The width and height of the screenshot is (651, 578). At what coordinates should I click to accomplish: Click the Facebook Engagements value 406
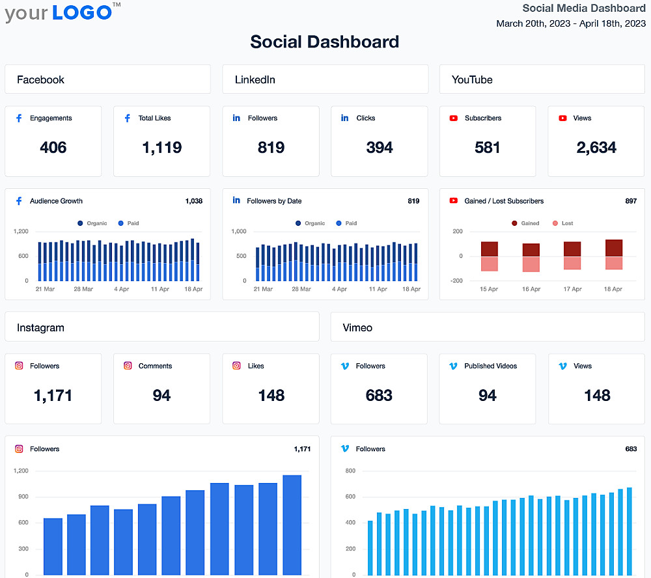click(53, 148)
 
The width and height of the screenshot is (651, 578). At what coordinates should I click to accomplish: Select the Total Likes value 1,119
click(161, 148)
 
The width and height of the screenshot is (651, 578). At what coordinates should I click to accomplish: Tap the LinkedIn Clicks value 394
click(379, 148)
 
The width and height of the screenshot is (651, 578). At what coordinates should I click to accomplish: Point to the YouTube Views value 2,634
click(596, 148)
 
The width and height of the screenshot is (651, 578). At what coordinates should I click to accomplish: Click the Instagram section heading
click(40, 327)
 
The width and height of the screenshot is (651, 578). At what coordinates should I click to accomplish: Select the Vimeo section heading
click(357, 327)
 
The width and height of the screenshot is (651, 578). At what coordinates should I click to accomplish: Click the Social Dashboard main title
click(324, 42)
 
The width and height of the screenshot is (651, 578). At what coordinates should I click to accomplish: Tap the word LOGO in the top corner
click(82, 12)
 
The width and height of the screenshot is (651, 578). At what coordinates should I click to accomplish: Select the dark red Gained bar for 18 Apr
click(614, 248)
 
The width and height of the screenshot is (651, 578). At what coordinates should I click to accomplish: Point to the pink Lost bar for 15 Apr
click(490, 264)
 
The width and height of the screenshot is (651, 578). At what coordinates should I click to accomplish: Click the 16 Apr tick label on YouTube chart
click(531, 289)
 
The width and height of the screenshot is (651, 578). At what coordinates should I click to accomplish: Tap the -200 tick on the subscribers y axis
click(456, 281)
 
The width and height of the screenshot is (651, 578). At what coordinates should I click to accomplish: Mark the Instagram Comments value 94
click(161, 395)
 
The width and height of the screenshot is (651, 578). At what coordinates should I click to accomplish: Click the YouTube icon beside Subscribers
click(454, 118)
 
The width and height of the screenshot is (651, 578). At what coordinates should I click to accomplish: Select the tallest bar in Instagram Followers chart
click(292, 525)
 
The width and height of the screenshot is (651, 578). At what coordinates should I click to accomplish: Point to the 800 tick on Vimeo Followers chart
click(350, 471)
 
